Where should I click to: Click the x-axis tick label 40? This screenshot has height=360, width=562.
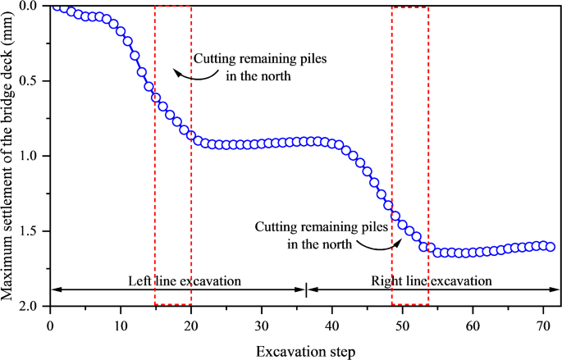click(332, 326)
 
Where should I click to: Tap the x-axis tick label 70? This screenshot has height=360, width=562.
click(543, 326)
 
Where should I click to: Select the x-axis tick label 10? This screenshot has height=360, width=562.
click(121, 326)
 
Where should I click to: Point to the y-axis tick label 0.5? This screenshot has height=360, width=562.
click(33, 81)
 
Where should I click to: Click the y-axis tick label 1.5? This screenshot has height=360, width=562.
click(33, 231)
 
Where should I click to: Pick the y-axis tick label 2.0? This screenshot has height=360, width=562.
click(33, 306)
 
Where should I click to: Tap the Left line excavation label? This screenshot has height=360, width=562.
click(185, 280)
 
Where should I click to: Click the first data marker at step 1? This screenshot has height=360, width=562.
click(57, 7)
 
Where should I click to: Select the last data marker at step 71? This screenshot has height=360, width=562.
click(550, 247)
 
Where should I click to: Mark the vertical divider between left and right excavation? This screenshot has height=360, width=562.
click(306, 289)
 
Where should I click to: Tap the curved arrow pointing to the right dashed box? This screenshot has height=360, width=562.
click(384, 244)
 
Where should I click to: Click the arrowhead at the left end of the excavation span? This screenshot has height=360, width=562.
click(55, 289)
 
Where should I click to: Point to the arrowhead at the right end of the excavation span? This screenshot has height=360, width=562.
click(557, 289)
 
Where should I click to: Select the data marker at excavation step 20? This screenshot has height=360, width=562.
click(191, 135)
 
